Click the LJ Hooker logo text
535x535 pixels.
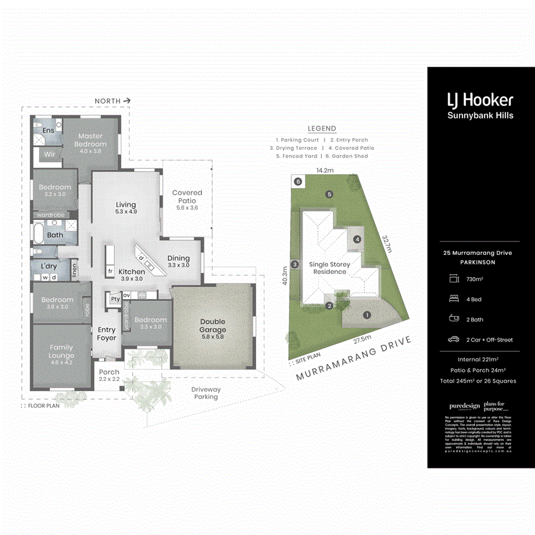480,100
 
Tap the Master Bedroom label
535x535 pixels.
90,140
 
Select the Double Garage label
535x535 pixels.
212,325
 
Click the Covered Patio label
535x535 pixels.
187,196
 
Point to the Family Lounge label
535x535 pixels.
61,351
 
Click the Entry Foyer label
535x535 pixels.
107,334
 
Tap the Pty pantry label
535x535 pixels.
115,299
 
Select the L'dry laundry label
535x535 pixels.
49,266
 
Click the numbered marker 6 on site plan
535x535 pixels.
298,182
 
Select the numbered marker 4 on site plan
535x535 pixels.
357,239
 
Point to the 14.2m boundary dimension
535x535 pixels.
325,170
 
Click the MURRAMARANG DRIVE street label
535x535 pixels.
354,358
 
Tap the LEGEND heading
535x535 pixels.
322,128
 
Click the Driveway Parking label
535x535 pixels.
206,393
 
